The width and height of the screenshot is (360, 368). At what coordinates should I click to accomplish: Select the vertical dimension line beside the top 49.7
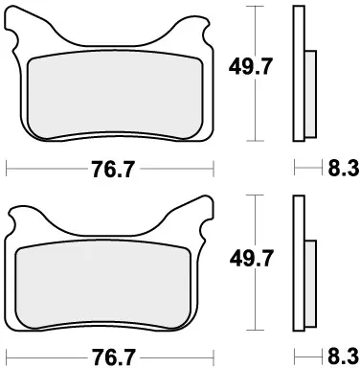[x=255, y=105]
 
